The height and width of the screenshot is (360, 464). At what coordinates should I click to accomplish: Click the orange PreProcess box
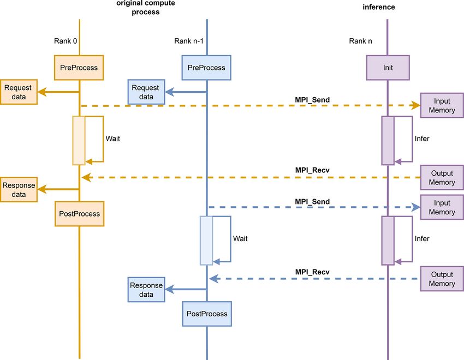(x=79, y=68)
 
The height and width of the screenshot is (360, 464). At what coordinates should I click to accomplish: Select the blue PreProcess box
(x=206, y=68)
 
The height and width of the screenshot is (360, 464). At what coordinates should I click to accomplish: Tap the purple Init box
(x=388, y=68)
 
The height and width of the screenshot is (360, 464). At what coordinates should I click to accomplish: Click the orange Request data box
(x=19, y=92)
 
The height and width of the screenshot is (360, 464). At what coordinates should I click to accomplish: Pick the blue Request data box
(x=146, y=92)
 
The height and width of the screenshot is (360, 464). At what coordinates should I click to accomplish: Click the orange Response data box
(x=19, y=190)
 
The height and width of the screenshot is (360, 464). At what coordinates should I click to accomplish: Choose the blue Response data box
(x=146, y=290)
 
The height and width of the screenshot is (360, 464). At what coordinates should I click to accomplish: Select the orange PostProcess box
(x=79, y=214)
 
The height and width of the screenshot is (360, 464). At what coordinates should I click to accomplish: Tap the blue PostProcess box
(x=207, y=314)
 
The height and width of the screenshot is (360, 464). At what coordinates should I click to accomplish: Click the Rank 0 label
(x=66, y=41)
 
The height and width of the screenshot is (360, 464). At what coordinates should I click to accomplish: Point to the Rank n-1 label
(x=189, y=41)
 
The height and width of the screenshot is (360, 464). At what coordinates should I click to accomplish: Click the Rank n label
(x=360, y=41)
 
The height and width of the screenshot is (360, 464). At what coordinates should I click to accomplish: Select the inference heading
(x=379, y=7)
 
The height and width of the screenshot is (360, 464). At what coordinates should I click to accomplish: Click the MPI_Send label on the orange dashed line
(x=312, y=100)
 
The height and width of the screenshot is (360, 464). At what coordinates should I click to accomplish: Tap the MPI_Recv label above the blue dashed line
(x=312, y=272)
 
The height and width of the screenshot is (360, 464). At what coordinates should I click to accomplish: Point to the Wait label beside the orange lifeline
(x=113, y=139)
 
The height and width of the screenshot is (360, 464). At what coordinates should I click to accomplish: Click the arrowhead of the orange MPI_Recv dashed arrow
(x=86, y=178)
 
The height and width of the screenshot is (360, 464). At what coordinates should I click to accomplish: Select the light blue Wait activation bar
(x=206, y=241)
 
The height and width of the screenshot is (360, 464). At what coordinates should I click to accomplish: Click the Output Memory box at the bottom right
(x=442, y=279)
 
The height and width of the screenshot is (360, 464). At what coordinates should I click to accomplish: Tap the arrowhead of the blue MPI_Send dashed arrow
(x=416, y=207)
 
